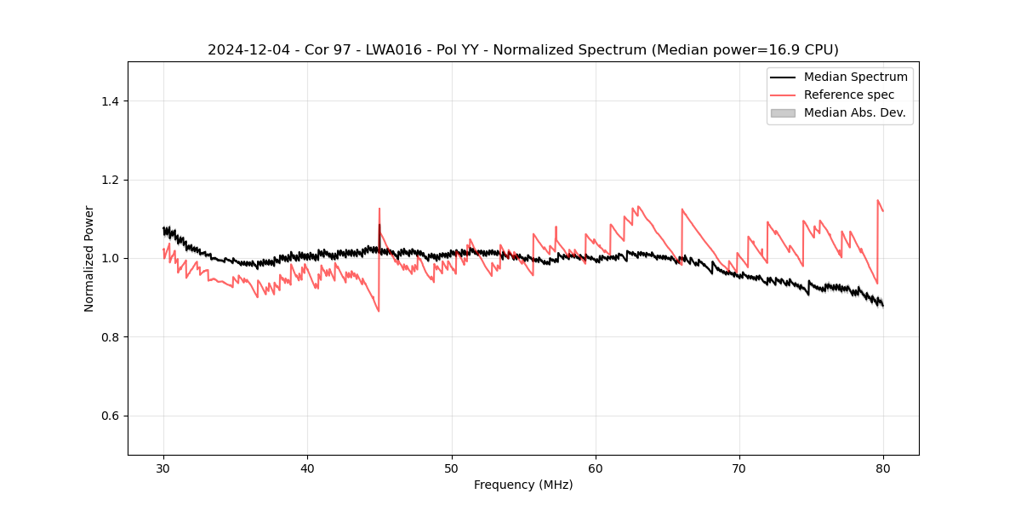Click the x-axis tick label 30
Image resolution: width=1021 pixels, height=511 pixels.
[163, 468]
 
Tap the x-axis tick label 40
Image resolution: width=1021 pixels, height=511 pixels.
[307, 468]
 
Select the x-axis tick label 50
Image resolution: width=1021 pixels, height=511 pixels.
[451, 468]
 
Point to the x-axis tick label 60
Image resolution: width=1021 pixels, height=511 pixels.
[596, 468]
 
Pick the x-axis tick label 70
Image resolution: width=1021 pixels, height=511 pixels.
[739, 468]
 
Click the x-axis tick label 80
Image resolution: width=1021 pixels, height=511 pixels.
[883, 468]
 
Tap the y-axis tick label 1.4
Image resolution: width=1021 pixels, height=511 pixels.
[110, 101]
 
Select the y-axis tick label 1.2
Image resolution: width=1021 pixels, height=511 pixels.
[110, 180]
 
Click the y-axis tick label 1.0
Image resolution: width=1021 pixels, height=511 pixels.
[110, 258]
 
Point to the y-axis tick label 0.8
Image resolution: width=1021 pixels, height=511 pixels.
[110, 337]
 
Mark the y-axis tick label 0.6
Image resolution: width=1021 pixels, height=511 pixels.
[110, 416]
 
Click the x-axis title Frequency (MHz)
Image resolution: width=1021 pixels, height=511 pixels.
[523, 485]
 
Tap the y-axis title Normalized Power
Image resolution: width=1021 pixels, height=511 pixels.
[89, 258]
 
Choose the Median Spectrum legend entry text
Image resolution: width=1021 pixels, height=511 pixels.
[855, 77]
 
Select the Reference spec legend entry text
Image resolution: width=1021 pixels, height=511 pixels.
[848, 95]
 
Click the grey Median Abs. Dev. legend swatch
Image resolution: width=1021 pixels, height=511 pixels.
[783, 112]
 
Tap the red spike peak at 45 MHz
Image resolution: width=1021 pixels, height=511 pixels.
[379, 209]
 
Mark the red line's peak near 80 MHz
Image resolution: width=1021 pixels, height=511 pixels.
[878, 201]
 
